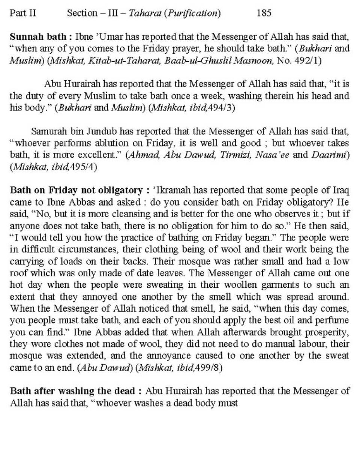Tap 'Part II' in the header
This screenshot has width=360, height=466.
click(23, 13)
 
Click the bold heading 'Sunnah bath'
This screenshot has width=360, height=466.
click(38, 37)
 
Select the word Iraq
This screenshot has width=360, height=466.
click(341, 191)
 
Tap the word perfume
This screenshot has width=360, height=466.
click(333, 320)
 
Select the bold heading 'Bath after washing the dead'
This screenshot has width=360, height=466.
click(72, 391)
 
